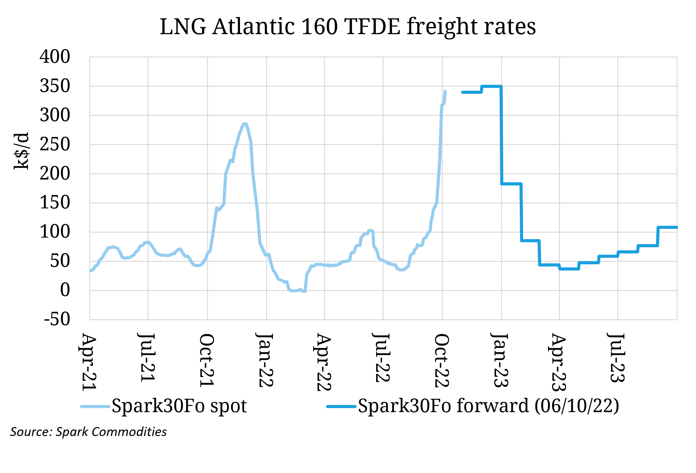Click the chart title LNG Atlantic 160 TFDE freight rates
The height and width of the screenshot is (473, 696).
click(x=348, y=26)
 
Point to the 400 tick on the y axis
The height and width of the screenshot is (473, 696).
click(x=55, y=57)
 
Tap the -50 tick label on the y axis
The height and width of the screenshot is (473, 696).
click(x=57, y=319)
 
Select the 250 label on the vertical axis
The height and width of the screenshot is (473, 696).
click(x=55, y=144)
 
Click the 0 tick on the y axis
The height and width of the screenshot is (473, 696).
click(x=65, y=290)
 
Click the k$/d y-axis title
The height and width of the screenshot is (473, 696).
click(x=21, y=151)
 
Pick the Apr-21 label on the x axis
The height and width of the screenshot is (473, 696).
click(x=89, y=362)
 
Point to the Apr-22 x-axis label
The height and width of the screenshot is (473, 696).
click(x=324, y=362)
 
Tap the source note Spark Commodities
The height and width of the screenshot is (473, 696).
click(x=88, y=432)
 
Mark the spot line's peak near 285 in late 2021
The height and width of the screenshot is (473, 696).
click(x=245, y=124)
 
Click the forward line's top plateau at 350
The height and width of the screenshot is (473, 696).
click(x=491, y=86)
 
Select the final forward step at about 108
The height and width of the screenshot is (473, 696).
click(x=667, y=227)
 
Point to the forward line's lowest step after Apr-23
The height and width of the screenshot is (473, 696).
click(x=569, y=269)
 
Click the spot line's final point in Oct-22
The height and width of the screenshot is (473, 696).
click(x=445, y=91)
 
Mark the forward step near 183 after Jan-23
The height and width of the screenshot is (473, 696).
click(x=511, y=184)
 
